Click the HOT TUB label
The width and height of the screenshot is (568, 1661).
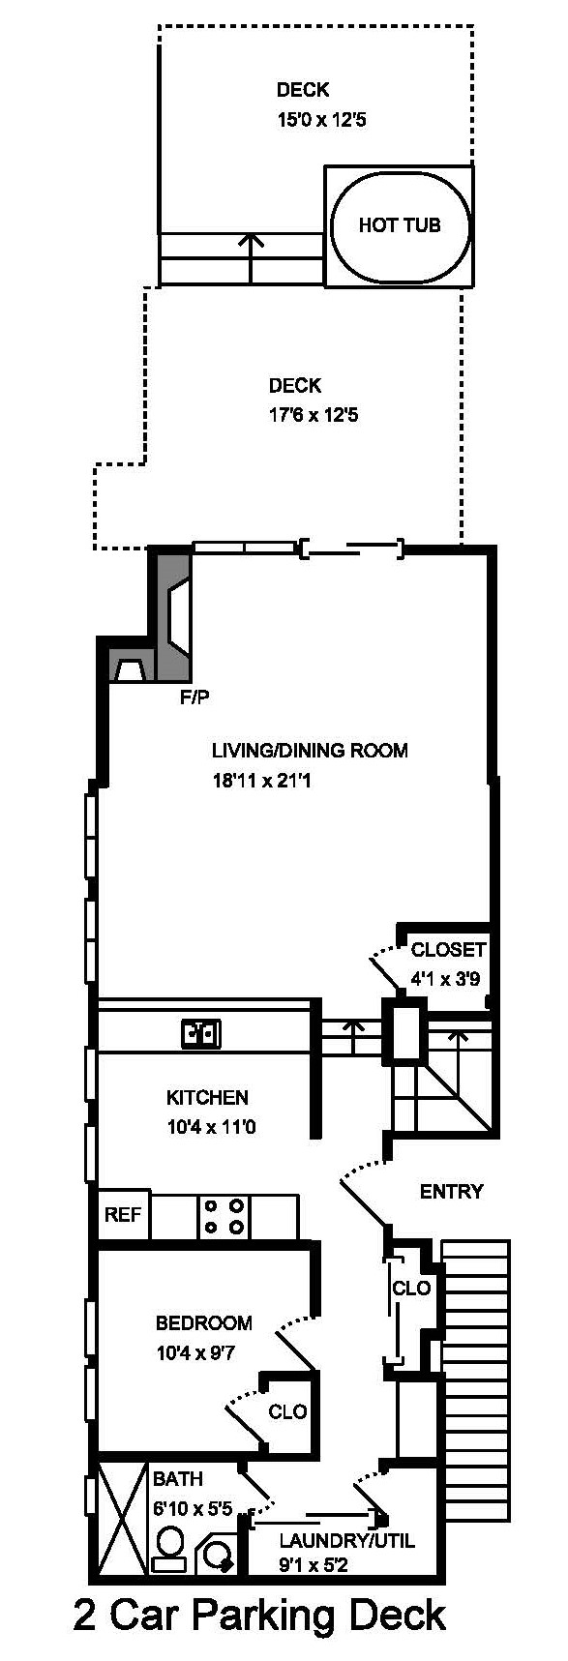tap(399, 225)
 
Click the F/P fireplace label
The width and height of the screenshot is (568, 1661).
tap(194, 697)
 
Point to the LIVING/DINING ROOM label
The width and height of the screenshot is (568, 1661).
tap(310, 750)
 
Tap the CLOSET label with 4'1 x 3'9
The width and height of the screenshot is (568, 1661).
tap(448, 949)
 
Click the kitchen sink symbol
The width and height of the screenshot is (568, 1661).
tap(201, 1034)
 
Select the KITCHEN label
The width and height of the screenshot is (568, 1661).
tap(207, 1097)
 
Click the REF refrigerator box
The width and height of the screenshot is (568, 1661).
tap(123, 1214)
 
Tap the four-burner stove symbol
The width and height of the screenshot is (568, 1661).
tap(224, 1216)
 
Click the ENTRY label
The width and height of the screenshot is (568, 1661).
tap(451, 1191)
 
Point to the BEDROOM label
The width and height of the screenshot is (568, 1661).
tap(204, 1322)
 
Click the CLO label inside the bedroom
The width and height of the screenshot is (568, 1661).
tap(287, 1411)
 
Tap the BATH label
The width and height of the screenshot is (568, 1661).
tap(178, 1478)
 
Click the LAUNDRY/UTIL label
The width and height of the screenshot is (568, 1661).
tap(346, 1540)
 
